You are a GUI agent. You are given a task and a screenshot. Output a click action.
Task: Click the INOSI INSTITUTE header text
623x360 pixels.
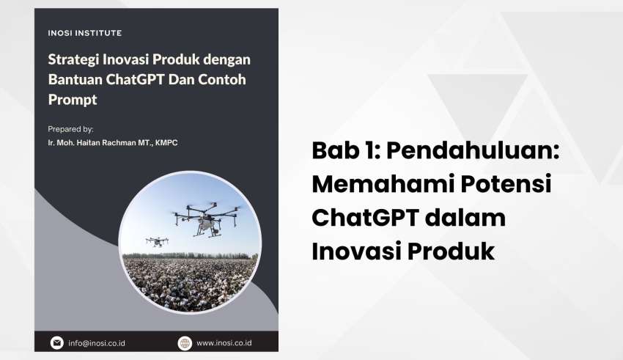coord(84,33)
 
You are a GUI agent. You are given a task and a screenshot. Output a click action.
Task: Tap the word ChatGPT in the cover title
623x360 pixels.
coord(135,79)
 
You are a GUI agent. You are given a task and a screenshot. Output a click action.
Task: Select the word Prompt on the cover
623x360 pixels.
coord(73,99)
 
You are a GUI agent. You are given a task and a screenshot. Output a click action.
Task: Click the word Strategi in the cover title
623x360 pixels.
coord(73,59)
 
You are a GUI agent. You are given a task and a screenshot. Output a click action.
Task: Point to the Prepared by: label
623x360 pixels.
coord(70,129)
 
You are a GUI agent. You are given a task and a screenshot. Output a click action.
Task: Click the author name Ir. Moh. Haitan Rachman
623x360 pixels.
coord(92,143)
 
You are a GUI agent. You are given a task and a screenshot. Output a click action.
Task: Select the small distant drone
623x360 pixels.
coord(157,241)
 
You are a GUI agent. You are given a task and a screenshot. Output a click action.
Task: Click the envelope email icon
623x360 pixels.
coord(57,343)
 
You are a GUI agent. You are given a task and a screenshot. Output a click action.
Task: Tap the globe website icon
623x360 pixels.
coord(185,343)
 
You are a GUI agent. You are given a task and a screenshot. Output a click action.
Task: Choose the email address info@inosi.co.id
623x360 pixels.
coord(97,343)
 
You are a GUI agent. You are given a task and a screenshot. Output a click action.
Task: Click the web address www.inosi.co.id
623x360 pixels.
coord(224,343)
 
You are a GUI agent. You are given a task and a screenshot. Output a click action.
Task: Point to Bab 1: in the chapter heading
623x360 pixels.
coord(345,150)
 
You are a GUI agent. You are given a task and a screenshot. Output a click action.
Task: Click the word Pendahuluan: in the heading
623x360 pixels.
coord(473,150)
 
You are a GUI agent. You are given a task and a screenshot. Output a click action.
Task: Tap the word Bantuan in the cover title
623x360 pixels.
coord(75,79)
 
